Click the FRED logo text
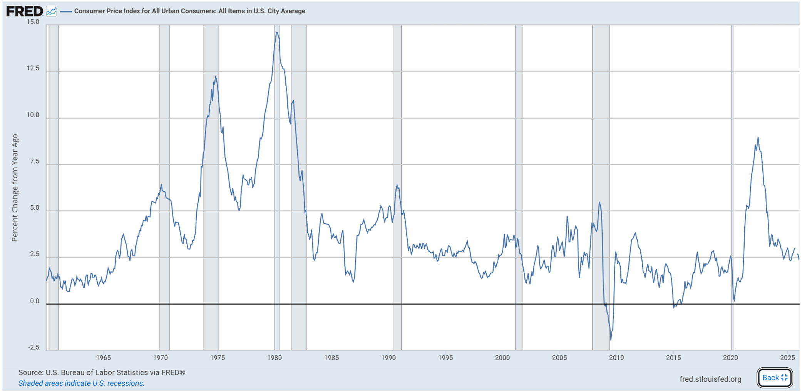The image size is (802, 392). tap(24, 11)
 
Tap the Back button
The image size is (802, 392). tap(775, 378)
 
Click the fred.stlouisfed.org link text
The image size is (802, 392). tap(710, 379)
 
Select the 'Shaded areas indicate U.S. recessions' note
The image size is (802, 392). tap(81, 383)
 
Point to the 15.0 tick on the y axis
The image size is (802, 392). tap(33, 22)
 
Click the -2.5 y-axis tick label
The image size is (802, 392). tap(33, 347)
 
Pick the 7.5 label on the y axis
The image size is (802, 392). tap(34, 161)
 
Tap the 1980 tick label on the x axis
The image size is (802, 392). tap(274, 358)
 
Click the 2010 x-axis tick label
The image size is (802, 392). tap(616, 358)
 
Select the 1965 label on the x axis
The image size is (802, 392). tap(103, 358)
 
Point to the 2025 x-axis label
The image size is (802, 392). tap(787, 358)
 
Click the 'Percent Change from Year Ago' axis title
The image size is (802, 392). tap(15, 188)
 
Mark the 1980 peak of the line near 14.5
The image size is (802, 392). tap(277, 33)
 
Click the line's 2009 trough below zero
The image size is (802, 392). tap(611, 339)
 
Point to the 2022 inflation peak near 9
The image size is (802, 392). tap(758, 137)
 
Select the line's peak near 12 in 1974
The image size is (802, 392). tap(216, 77)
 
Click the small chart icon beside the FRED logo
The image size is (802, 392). tap(51, 11)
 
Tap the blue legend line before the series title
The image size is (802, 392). tap(66, 11)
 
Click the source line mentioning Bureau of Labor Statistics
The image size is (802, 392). tap(102, 372)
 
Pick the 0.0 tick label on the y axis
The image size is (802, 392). tap(34, 301)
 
